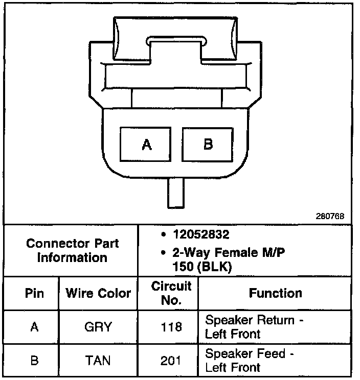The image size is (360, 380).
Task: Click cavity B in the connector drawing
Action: pyautogui.click(x=208, y=145)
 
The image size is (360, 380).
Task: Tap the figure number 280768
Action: pyautogui.click(x=330, y=216)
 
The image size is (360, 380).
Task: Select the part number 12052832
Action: pyautogui.click(x=202, y=235)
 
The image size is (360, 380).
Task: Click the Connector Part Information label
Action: pyautogui.click(x=72, y=250)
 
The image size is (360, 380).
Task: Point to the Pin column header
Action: pyautogui.click(x=34, y=293)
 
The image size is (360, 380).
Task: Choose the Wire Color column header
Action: pyautogui.click(x=98, y=293)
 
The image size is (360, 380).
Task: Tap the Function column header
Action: pyautogui.click(x=275, y=293)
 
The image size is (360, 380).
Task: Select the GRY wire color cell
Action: pyautogui.click(x=98, y=327)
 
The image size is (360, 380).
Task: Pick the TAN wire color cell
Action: pyautogui.click(x=98, y=360)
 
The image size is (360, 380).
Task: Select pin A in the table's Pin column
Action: pyautogui.click(x=34, y=327)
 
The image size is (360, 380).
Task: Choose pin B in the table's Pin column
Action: pyautogui.click(x=34, y=360)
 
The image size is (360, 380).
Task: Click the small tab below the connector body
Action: pyautogui.click(x=176, y=194)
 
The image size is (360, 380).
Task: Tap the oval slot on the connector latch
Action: pyautogui.click(x=176, y=40)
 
